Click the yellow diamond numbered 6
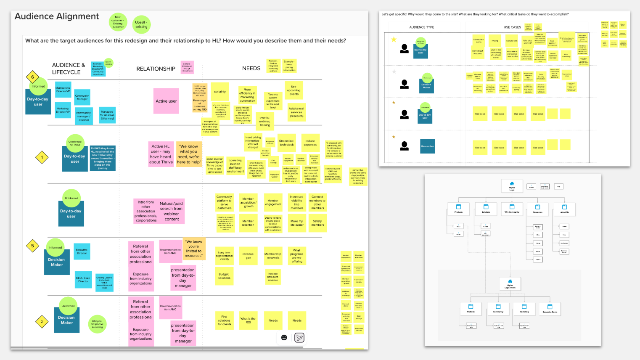(32, 77)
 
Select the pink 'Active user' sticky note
(166, 101)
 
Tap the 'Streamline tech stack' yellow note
(287, 143)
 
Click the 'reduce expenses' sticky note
(310, 143)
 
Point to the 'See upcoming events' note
(294, 90)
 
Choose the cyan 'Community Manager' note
(82, 97)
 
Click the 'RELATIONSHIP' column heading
(156, 69)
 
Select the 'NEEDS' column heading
(251, 69)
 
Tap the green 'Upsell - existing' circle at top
(141, 24)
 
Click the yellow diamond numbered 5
(32, 246)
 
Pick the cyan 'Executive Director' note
(82, 251)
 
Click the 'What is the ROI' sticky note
(248, 320)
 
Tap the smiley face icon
(284, 337)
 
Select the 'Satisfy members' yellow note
(317, 223)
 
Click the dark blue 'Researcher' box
(427, 146)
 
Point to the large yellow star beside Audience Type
(394, 40)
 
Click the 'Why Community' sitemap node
(512, 209)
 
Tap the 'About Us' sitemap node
(564, 209)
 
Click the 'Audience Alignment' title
(57, 16)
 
